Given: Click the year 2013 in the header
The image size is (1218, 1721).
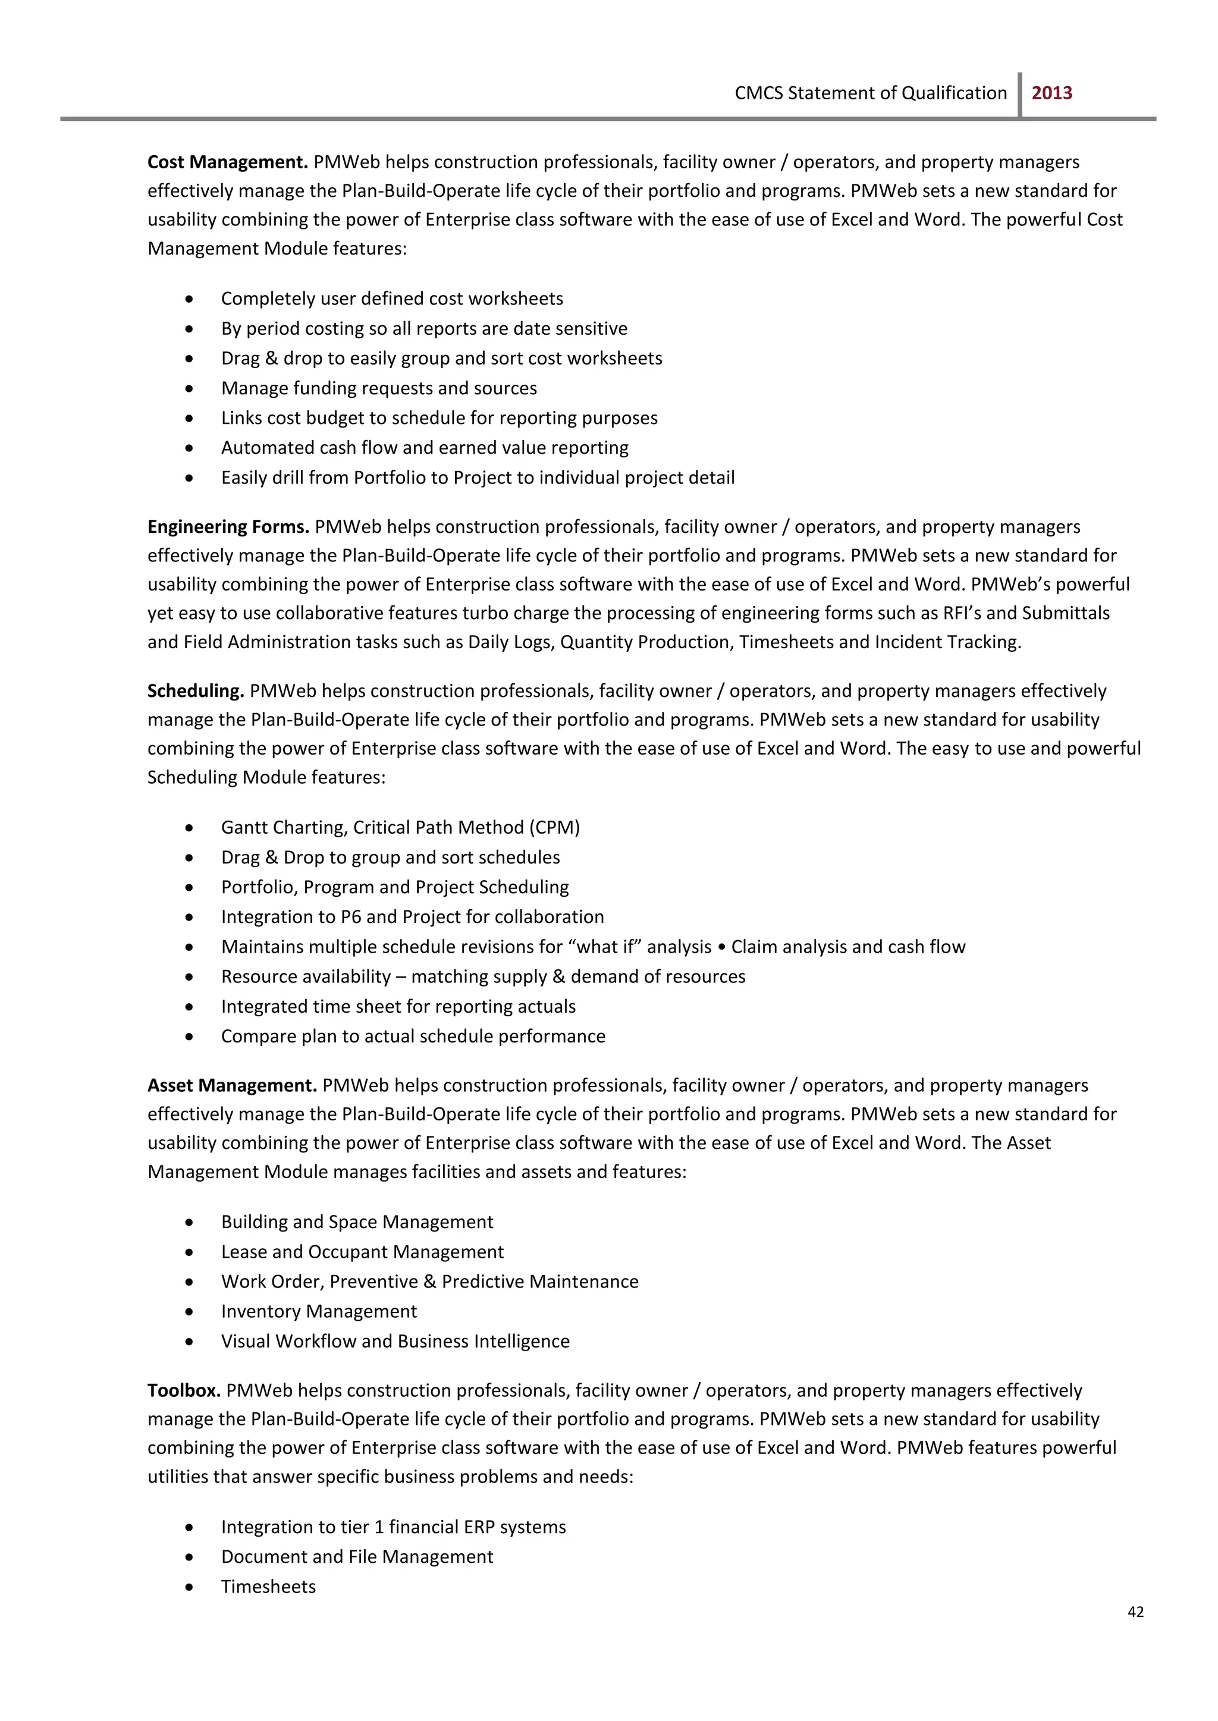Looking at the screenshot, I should [x=1051, y=93].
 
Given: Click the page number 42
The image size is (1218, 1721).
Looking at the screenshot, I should [x=1135, y=1612].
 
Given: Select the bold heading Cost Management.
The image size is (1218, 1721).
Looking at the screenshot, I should [x=227, y=162].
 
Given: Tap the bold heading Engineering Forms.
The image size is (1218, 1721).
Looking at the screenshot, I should [x=228, y=526].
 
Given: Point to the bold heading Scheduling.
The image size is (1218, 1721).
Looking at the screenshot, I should [x=196, y=690].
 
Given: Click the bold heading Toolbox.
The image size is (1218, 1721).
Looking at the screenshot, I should [x=184, y=1390].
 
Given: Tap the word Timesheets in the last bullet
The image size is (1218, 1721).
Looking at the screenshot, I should [x=268, y=1586].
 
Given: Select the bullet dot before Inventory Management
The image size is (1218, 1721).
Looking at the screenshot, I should [x=190, y=1311].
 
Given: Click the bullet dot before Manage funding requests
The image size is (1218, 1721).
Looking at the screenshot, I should [x=190, y=388].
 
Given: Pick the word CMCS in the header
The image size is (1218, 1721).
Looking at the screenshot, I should [x=758, y=93].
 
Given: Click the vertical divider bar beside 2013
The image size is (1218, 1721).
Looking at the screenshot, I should [x=1020, y=95].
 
